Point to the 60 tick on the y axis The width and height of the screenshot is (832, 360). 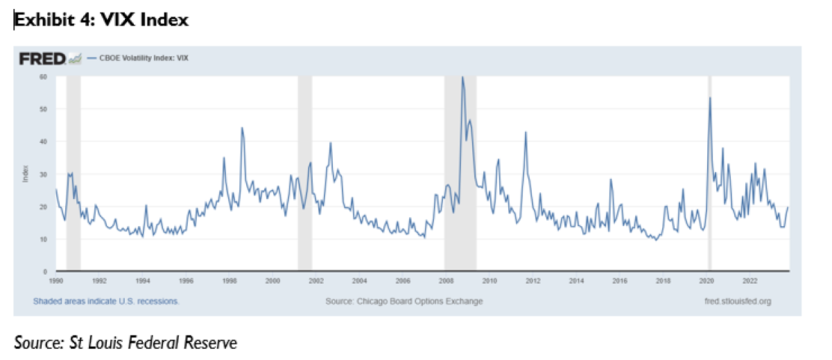tap(42, 77)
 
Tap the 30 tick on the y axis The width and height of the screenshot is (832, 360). tap(42, 174)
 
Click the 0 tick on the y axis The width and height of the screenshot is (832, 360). tap(44, 271)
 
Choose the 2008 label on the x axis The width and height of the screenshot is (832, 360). tap(446, 281)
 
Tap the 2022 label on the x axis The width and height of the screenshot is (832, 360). tap(749, 281)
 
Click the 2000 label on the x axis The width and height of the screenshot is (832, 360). tap(272, 281)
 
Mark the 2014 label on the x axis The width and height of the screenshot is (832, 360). tap(576, 281)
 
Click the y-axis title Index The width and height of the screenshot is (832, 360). tap(24, 174)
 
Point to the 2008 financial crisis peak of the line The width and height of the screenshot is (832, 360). tap(462, 77)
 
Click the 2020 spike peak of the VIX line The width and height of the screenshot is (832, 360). tap(710, 98)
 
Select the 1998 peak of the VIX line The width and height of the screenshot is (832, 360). tap(242, 128)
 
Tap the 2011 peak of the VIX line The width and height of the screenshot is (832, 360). tap(526, 132)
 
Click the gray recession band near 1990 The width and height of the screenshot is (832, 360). tap(73, 173)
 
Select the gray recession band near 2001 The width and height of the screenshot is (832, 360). tap(304, 173)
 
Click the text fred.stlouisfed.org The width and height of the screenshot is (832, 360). tap(736, 302)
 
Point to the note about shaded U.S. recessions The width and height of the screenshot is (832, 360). tap(106, 302)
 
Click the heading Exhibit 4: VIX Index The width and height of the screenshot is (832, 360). tap(102, 20)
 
